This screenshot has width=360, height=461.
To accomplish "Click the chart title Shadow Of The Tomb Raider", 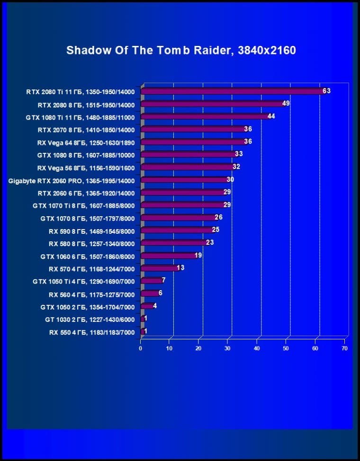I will point(181,50).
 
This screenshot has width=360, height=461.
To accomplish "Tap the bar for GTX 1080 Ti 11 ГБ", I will point(204,116).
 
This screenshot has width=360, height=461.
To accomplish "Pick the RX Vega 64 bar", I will point(192,142).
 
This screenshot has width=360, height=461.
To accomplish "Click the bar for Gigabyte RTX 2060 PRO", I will point(183,180).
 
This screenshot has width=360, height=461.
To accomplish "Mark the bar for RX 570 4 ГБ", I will point(159,268).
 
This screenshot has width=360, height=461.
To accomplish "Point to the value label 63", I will point(326,90).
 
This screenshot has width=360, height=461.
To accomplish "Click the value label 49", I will point(286,103).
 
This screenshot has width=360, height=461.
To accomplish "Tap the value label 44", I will point(271,116).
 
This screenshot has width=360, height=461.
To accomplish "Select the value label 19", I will point(198,255).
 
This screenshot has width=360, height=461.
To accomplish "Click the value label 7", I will point(163,280).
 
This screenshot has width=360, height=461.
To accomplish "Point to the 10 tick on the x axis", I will point(170,348).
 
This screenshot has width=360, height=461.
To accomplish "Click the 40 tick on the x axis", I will point(257,348).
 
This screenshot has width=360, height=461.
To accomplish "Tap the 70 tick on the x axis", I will point(344,348).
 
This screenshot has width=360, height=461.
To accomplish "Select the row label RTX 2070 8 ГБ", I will point(86,130).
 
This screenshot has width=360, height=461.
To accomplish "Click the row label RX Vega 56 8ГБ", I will point(86,168).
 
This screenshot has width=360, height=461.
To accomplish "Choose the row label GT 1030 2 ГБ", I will point(90,320).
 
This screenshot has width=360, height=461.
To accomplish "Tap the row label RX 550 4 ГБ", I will point(92,332).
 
